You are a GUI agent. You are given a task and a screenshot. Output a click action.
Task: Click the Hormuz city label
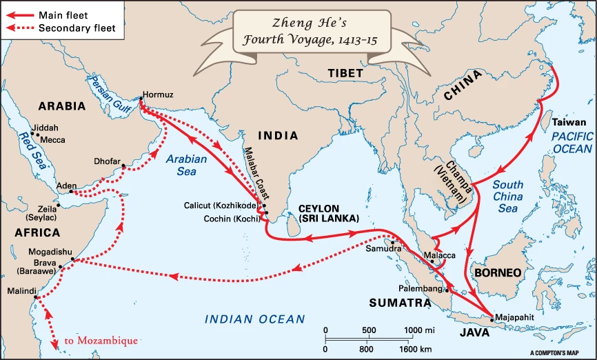(156, 93)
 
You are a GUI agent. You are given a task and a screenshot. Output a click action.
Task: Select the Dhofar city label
(108, 161)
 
